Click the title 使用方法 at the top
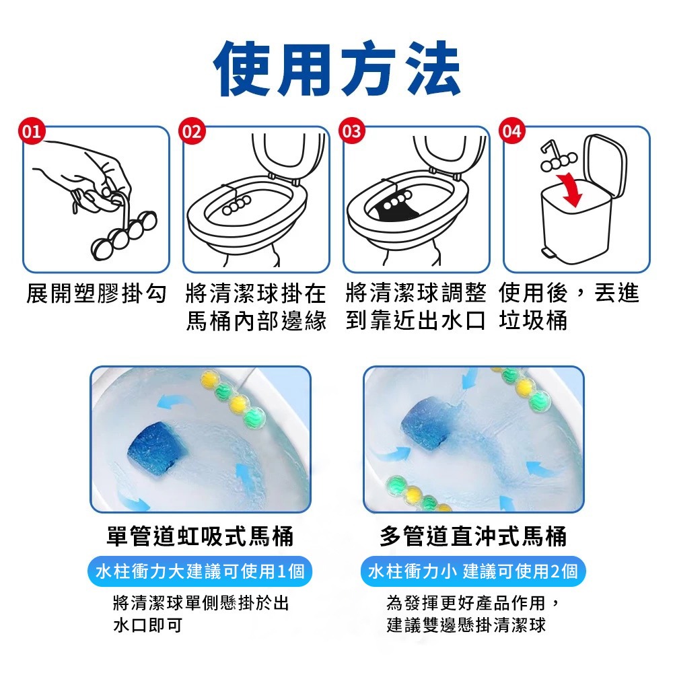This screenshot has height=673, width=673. tap(336, 69)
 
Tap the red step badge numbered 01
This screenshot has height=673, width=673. tap(32, 131)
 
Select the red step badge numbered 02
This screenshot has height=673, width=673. tap(192, 131)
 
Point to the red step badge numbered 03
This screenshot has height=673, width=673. tap(352, 131)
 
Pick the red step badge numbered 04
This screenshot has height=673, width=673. tap(512, 131)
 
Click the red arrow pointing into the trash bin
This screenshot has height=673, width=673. tap(571, 189)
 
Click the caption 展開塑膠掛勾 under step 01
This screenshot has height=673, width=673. tap(96, 293)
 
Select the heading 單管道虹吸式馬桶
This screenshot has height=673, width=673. tap(200, 536)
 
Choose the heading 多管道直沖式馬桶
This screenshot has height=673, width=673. tap(473, 536)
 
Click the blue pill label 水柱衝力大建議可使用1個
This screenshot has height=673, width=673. tap(200, 571)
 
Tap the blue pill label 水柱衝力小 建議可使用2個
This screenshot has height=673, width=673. tap(473, 571)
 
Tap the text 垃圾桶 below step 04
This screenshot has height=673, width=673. tap(533, 320)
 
